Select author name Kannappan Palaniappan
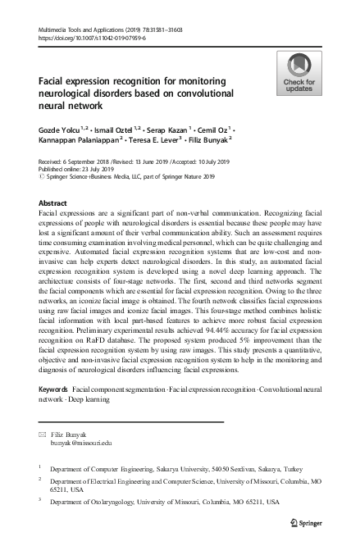(83, 141)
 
